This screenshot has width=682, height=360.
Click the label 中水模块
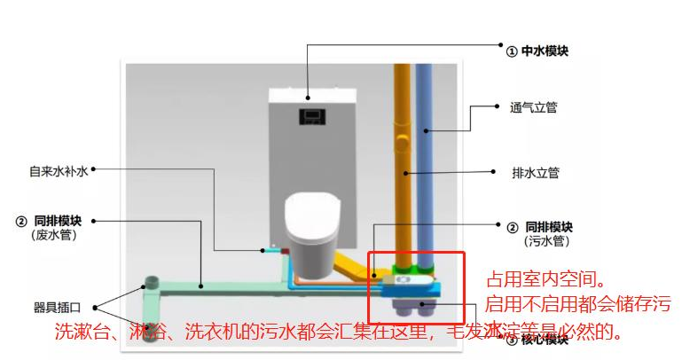click(544, 51)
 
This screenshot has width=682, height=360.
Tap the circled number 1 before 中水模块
click(511, 51)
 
